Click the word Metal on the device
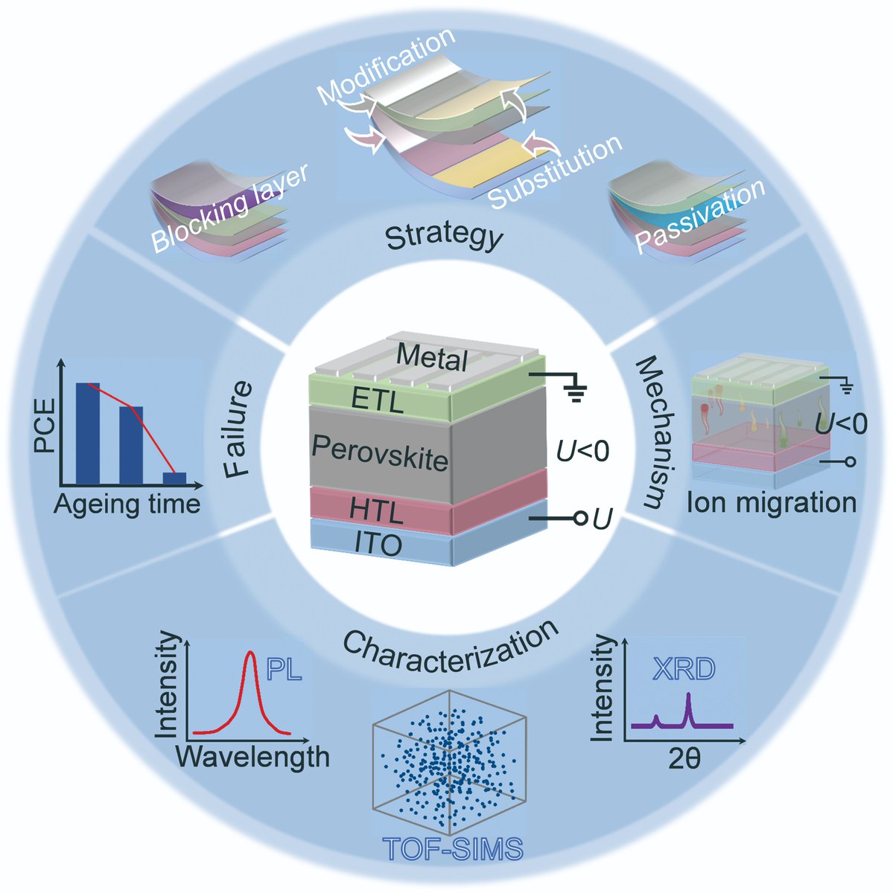(x=432, y=358)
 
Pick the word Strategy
(x=444, y=239)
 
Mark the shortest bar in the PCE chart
(x=174, y=478)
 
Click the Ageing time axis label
(x=127, y=505)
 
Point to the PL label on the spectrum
(x=284, y=670)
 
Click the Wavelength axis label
(x=252, y=757)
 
